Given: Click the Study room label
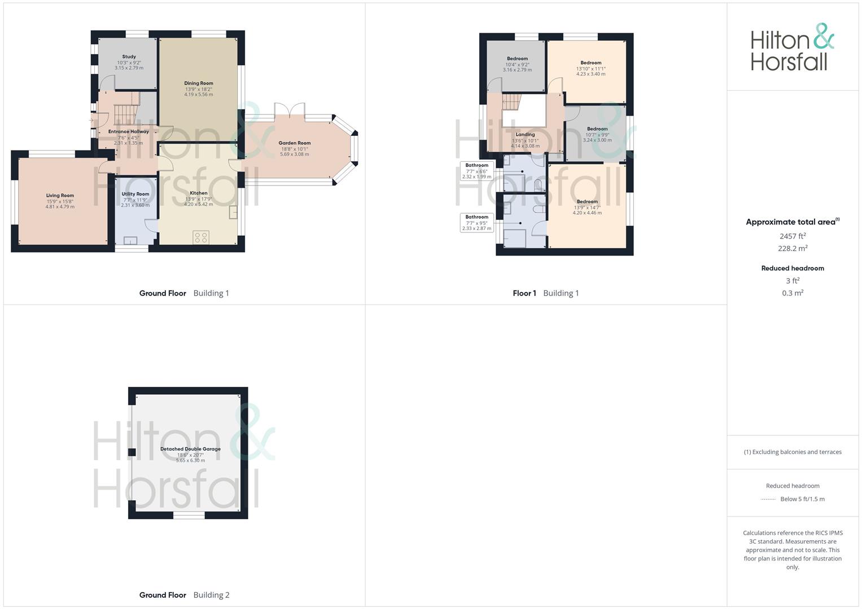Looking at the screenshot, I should [x=129, y=57].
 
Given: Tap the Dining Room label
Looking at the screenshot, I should [x=199, y=83].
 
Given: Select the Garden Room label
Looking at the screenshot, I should [x=295, y=143].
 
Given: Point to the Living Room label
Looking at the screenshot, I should [x=60, y=196].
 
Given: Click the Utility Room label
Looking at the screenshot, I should [x=135, y=194].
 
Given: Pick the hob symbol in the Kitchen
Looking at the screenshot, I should [x=200, y=237].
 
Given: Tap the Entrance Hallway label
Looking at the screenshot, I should [x=129, y=132].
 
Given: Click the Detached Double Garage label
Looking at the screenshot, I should [x=190, y=449].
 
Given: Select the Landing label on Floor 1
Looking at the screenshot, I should [x=525, y=135].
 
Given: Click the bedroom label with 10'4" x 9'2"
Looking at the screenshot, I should [x=517, y=59].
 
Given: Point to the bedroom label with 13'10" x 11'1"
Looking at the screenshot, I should [x=590, y=63].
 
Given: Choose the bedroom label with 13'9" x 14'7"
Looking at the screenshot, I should [x=587, y=202].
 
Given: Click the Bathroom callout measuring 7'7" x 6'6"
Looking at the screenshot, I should [x=477, y=171].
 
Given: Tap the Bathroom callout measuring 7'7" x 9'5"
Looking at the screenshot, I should [x=477, y=223].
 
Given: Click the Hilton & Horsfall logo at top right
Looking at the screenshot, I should [x=792, y=47].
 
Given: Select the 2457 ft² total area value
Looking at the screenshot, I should [x=793, y=236].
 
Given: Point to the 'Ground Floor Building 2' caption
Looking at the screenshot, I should [x=185, y=595].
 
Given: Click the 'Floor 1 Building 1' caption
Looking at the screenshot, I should [x=546, y=293].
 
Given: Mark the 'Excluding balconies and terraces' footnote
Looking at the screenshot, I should [x=793, y=452].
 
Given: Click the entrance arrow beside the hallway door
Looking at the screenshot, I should [x=91, y=120].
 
